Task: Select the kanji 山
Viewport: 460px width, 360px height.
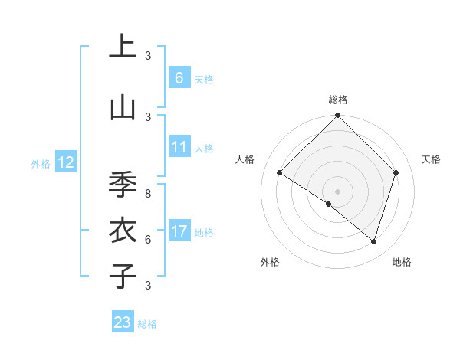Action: (123, 107)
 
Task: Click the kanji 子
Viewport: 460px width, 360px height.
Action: (123, 276)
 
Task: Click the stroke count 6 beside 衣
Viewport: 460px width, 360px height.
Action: (148, 239)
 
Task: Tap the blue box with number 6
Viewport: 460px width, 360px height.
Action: (179, 77)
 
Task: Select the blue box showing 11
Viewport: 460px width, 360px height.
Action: (179, 147)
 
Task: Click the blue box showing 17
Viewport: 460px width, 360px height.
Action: (179, 231)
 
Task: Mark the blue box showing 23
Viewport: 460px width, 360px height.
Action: (123, 322)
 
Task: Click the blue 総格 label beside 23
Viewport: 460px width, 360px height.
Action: (147, 324)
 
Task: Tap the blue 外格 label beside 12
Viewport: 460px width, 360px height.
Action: (41, 163)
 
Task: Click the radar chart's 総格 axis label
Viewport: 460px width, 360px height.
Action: (337, 100)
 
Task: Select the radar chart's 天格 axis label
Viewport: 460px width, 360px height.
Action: (432, 159)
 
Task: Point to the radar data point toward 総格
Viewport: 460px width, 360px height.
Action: (337, 116)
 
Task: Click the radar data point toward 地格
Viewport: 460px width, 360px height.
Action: (373, 241)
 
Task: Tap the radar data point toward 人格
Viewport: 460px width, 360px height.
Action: (280, 173)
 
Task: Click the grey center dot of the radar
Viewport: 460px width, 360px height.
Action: (337, 191)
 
